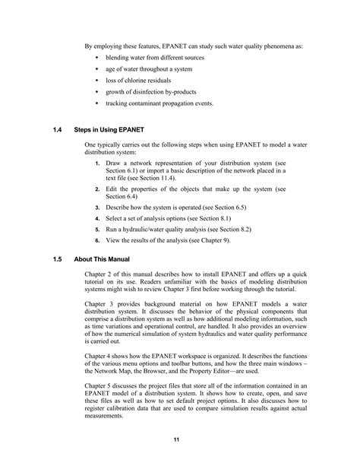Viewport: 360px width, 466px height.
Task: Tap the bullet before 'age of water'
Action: (x=99, y=68)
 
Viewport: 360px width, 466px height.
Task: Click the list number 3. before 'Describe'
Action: (x=98, y=206)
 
